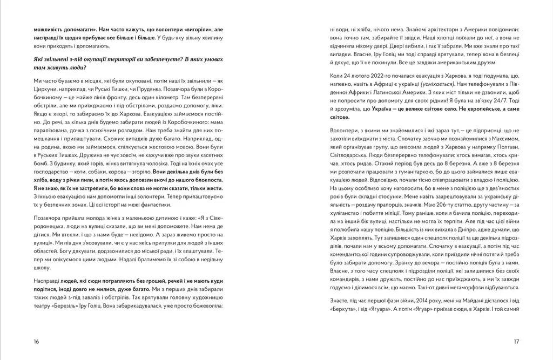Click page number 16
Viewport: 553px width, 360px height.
36,341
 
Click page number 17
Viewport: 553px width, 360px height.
516,341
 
